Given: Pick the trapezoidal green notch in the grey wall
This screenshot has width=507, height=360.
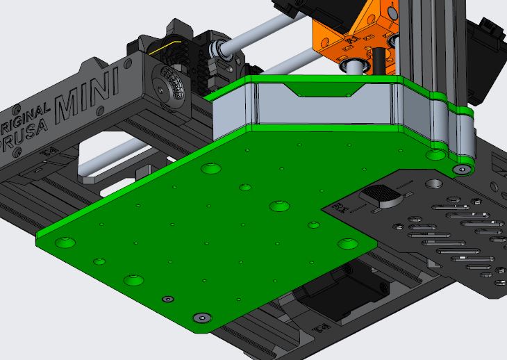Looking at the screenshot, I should [x=326, y=90].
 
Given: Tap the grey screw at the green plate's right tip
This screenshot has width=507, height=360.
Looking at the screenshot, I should [x=462, y=170].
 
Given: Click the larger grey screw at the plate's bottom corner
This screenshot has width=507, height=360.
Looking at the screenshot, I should [x=201, y=317].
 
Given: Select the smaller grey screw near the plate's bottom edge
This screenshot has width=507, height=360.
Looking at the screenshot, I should [x=166, y=299].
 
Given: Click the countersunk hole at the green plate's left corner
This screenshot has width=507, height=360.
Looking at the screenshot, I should [x=65, y=242].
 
